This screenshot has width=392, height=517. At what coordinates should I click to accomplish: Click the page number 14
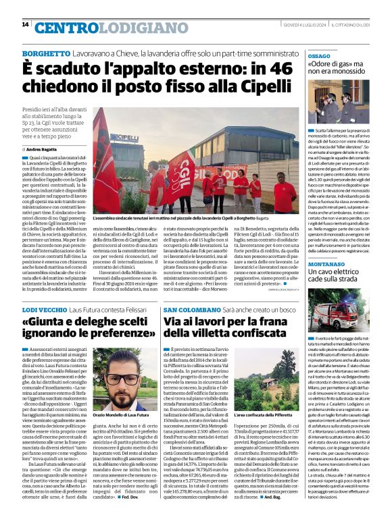25,25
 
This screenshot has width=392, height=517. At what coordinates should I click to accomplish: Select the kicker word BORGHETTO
46,53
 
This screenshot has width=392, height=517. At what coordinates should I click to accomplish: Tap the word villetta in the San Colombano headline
214,333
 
